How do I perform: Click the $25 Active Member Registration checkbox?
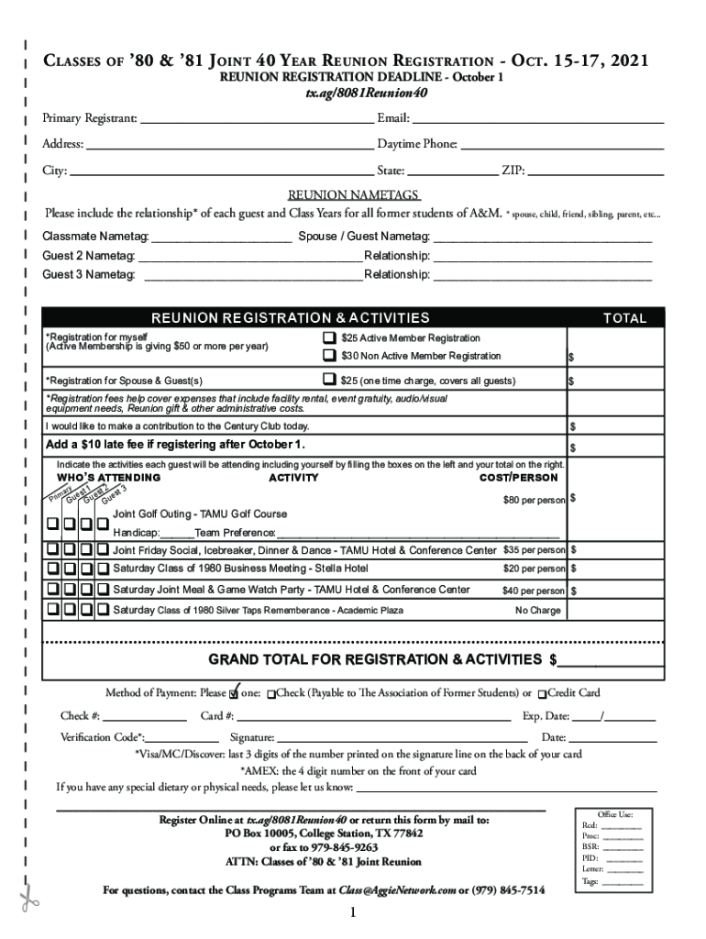point(328,338)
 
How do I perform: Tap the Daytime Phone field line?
point(562,146)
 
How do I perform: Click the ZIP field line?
point(596,171)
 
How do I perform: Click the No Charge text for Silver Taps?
point(538,610)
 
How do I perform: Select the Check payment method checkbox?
point(270,694)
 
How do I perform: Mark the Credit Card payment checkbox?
point(543,694)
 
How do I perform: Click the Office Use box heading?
point(614,814)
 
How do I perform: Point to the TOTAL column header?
point(623,319)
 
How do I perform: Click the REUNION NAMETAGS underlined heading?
point(354,195)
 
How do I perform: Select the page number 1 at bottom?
point(352,913)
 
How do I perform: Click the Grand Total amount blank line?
point(611,661)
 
